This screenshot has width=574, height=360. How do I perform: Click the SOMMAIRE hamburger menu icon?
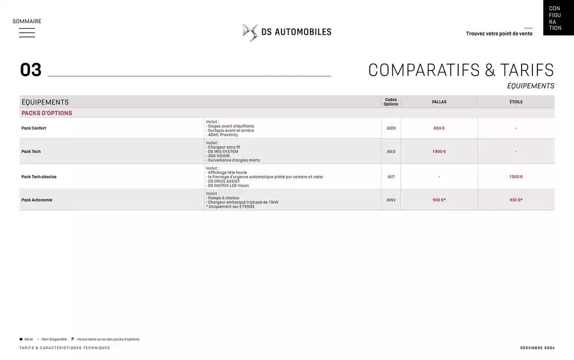click(x=27, y=32)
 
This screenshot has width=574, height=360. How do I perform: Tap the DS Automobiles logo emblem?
click(x=250, y=32)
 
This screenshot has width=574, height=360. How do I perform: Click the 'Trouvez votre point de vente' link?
click(x=499, y=33)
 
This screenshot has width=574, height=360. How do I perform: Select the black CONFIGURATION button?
click(x=558, y=18)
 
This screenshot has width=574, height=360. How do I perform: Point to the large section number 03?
click(x=30, y=70)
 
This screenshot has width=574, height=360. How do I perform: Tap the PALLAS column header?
click(x=439, y=102)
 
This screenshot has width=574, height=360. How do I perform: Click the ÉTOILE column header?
click(x=516, y=102)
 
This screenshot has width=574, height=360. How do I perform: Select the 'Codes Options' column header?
click(x=391, y=102)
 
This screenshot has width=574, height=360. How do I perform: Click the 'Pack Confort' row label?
click(x=34, y=128)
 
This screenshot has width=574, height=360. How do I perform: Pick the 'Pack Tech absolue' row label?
click(x=39, y=176)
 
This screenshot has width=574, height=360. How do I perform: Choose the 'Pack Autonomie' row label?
click(x=37, y=200)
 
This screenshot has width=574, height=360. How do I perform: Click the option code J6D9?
click(x=391, y=128)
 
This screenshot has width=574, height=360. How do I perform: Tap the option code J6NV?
click(x=391, y=200)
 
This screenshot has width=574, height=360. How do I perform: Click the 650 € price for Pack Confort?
click(x=439, y=128)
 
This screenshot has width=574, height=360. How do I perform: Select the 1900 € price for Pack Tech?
click(x=439, y=151)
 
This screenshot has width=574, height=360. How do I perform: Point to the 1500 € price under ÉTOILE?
click(x=516, y=176)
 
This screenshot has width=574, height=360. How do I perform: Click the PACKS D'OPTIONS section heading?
click(x=47, y=113)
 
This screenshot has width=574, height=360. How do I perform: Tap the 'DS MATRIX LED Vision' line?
click(x=228, y=186)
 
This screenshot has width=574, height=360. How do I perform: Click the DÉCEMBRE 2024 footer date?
click(x=537, y=348)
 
